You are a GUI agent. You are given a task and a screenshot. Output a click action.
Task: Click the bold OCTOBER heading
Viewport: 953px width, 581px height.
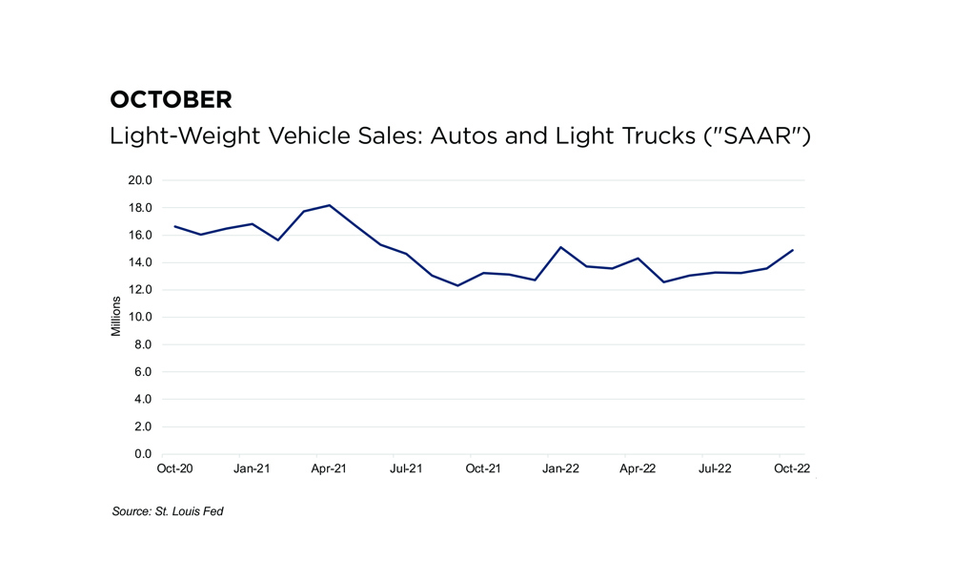171,99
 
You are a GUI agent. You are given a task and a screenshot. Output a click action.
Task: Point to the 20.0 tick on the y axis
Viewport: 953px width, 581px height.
141,180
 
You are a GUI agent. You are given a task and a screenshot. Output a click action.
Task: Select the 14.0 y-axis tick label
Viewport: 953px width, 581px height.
141,262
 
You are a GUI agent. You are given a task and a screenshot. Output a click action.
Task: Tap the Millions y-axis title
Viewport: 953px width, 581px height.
116,317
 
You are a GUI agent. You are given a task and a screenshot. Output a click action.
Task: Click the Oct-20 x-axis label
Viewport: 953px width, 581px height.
173,468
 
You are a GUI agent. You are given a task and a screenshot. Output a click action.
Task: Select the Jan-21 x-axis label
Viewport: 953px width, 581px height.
252,468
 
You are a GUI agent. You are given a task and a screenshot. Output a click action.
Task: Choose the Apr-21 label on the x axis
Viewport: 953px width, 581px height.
329,468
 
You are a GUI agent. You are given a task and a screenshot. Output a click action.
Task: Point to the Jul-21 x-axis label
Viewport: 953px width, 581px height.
407,468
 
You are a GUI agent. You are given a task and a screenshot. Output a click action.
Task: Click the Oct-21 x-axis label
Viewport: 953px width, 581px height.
483,468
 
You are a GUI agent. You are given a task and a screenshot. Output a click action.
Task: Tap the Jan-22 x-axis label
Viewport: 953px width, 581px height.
561,468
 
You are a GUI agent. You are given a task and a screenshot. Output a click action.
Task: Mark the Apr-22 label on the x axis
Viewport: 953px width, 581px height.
638,468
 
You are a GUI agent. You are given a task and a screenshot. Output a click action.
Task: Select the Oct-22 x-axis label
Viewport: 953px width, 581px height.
792,468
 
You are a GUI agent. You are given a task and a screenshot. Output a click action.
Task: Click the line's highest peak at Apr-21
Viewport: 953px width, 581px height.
329,205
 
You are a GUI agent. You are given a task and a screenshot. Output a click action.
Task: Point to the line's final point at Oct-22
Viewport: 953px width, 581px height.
793,250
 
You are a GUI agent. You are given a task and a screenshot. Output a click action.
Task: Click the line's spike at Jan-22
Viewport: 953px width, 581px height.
561,247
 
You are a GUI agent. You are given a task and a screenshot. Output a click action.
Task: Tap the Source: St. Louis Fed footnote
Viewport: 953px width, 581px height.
168,512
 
